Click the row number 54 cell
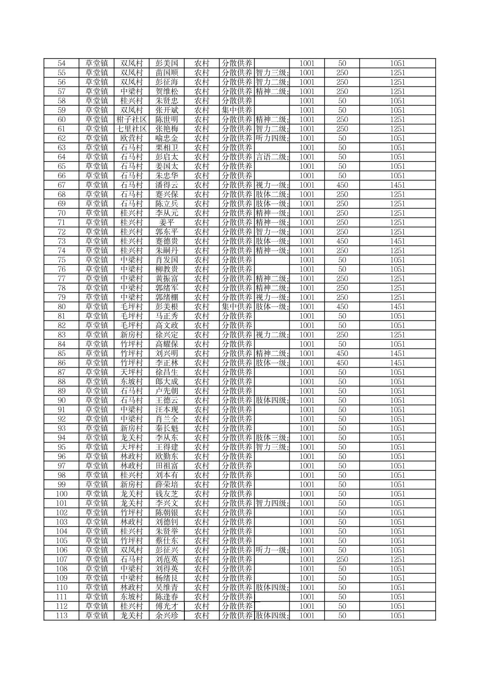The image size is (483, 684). pos(62,63)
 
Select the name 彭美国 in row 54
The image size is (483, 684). pos(167,63)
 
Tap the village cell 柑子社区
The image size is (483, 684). pos(132,120)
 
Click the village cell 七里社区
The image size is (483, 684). pos(132,129)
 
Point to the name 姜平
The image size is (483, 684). pos(167,223)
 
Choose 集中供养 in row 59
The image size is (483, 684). pos(237,110)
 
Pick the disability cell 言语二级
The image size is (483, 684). pos(272,157)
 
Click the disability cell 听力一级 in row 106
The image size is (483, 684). pos(272,550)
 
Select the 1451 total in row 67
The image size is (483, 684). pos(397,185)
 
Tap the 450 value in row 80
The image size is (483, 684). pos(342,307)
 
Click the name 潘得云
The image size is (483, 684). pos(167,185)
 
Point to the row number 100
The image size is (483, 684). pos(62,494)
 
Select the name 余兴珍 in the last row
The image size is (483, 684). pos(167,616)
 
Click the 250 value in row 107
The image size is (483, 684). pos(342,559)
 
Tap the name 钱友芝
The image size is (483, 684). pos(167,494)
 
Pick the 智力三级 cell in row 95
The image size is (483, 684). pos(272,447)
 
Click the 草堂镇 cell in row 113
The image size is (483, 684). pos(97,616)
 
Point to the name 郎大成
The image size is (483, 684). pos(167,382)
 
